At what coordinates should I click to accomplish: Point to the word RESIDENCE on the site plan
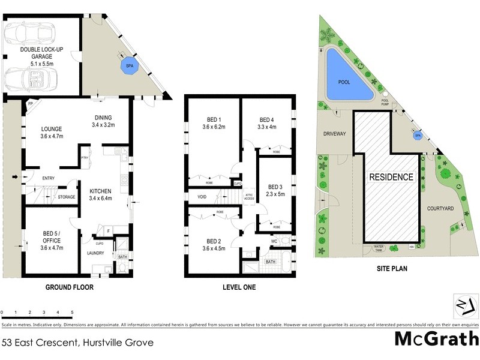391,177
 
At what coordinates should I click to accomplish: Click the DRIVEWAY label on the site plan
332,134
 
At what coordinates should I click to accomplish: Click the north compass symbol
463,306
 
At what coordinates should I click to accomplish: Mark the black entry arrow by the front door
14,178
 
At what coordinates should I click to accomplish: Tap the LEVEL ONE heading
239,287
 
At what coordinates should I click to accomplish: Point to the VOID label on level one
202,196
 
